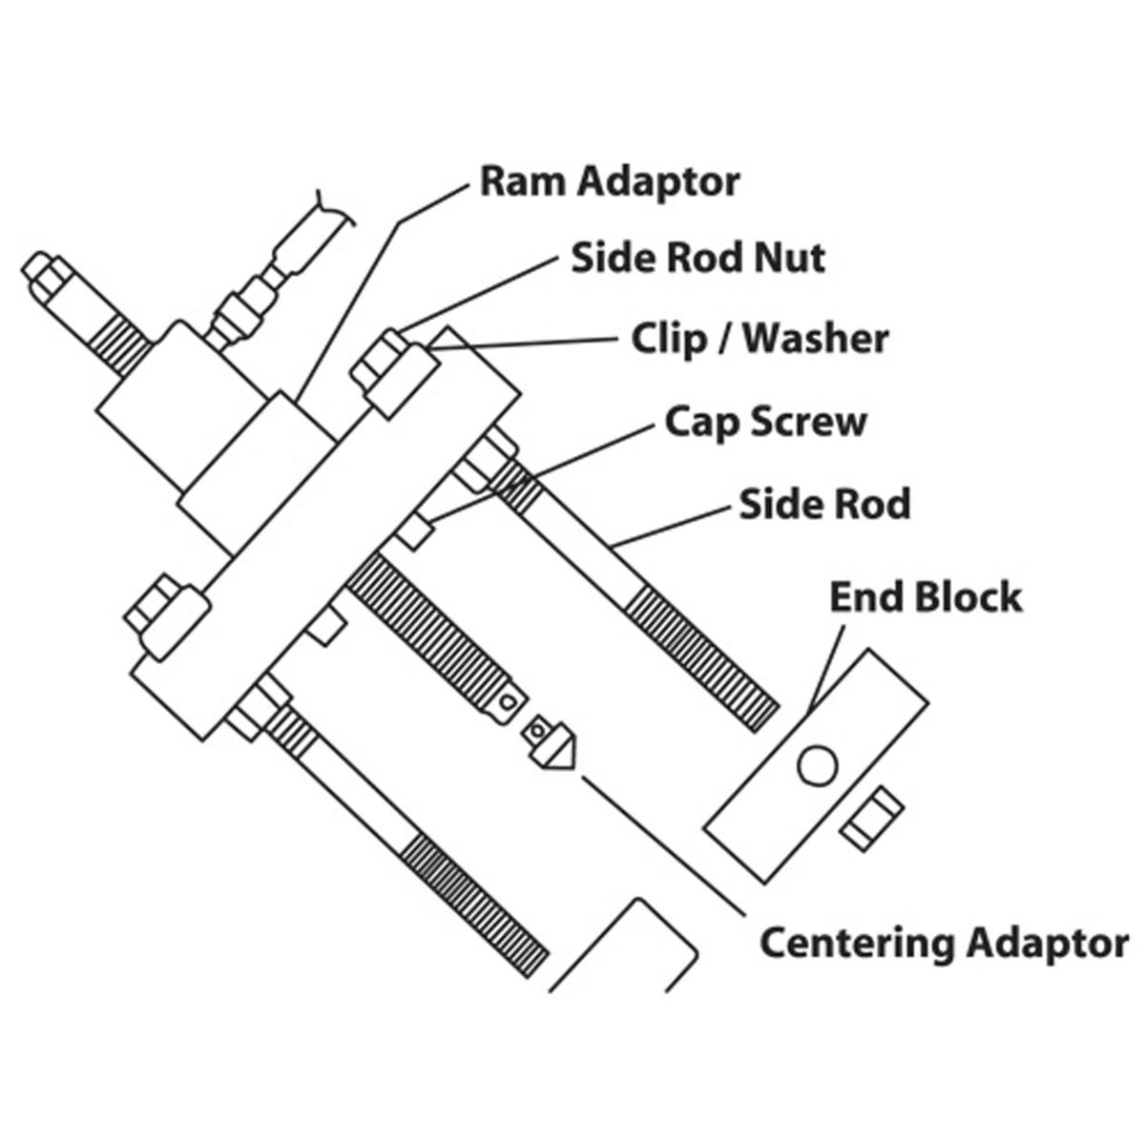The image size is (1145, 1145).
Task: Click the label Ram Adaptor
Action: coord(610,182)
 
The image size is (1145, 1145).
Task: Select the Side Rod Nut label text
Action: coord(698,259)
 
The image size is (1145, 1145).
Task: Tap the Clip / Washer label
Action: coord(760,340)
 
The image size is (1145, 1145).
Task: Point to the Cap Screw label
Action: coord(765,423)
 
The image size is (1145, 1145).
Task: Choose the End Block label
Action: coord(926,597)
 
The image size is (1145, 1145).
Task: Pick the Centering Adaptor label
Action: coord(945,943)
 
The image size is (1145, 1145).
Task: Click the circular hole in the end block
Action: coord(818,765)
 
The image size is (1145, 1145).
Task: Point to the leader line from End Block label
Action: coord(826,669)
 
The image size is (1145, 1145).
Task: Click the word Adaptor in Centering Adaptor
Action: coord(1047,945)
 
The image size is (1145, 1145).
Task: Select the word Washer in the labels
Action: coord(817,340)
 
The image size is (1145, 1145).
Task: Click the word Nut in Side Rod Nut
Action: coord(790,259)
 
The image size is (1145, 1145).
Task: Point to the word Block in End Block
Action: coord(967,597)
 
